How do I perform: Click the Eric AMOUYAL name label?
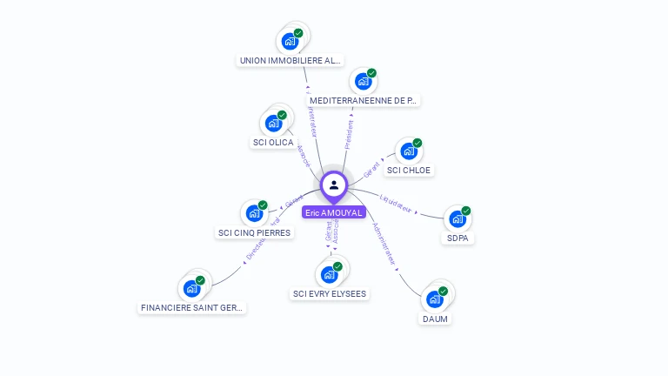334,212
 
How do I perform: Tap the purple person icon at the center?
334,185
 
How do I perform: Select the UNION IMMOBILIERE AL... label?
291,61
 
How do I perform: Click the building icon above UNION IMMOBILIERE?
290,41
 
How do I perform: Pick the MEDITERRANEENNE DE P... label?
364,100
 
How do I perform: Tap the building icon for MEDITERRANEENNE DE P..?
364,81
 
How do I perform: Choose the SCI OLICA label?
273,142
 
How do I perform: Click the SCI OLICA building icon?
274,123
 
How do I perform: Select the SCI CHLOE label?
409,170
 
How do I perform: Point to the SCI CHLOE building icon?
409,151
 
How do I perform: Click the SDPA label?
458,238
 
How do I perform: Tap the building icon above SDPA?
458,218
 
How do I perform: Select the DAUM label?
435,319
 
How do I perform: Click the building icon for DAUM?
435,299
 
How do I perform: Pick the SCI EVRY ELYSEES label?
330,293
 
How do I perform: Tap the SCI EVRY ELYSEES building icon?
329,274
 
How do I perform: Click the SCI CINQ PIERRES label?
254,232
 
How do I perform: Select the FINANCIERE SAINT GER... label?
193,307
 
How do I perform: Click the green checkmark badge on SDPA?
466,211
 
